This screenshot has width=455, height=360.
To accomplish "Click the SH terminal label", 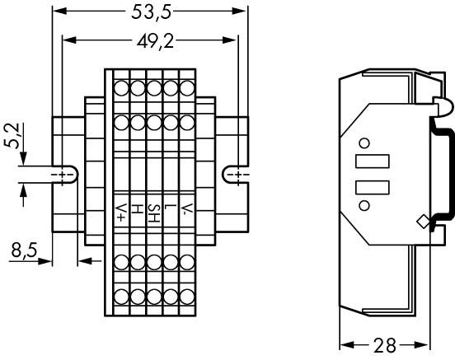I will pos(153,216).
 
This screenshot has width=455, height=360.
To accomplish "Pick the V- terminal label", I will pos(187,209).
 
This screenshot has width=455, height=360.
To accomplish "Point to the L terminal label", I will pos(169,208).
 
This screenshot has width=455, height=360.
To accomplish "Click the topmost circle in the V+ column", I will pos(120,86).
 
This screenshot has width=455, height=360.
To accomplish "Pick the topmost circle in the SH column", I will pos(153,86).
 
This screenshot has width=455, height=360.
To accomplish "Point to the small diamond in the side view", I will pos(423,221).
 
